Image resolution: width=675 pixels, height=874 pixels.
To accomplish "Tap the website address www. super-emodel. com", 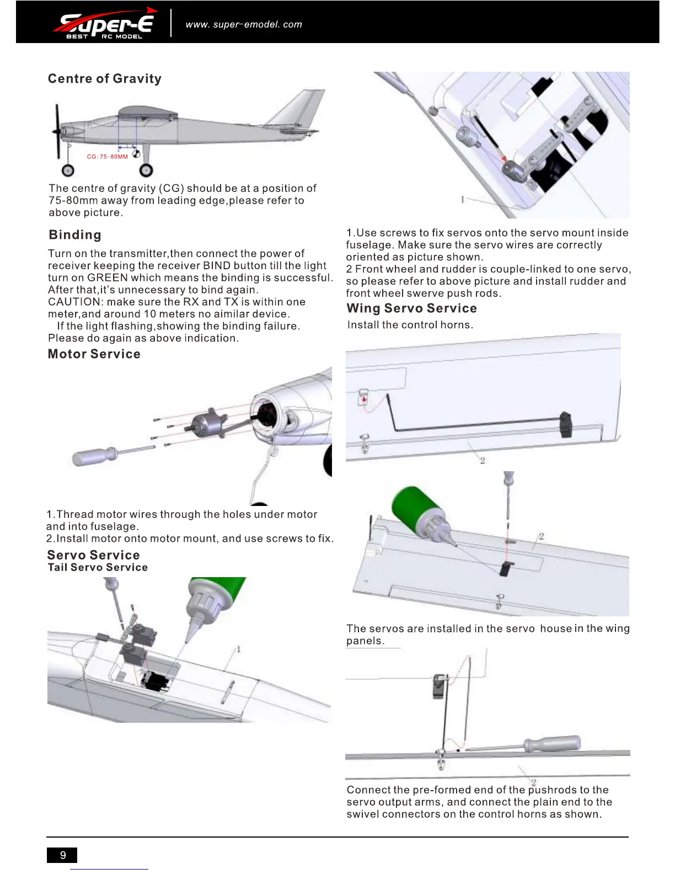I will (x=244, y=25).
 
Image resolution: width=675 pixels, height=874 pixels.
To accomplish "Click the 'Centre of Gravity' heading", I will (x=105, y=79).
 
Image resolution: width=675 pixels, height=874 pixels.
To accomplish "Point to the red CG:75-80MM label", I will (x=108, y=157).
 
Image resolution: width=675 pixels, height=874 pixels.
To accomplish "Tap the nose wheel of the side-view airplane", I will (x=68, y=170).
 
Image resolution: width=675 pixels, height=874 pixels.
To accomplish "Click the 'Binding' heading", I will (x=75, y=235).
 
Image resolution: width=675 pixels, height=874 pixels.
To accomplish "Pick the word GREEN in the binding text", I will (x=108, y=278).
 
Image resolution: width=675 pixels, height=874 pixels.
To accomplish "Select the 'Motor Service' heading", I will (x=94, y=354).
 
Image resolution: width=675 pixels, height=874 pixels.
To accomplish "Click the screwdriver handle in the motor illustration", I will (x=94, y=456).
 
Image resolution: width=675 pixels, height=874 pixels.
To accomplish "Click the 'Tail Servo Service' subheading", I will (x=98, y=568).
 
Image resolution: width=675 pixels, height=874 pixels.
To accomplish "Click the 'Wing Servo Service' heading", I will (x=411, y=308).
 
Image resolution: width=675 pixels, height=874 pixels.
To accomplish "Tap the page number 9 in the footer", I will (x=62, y=855).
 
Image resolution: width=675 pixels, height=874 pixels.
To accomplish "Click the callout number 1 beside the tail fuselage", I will (x=238, y=649).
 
